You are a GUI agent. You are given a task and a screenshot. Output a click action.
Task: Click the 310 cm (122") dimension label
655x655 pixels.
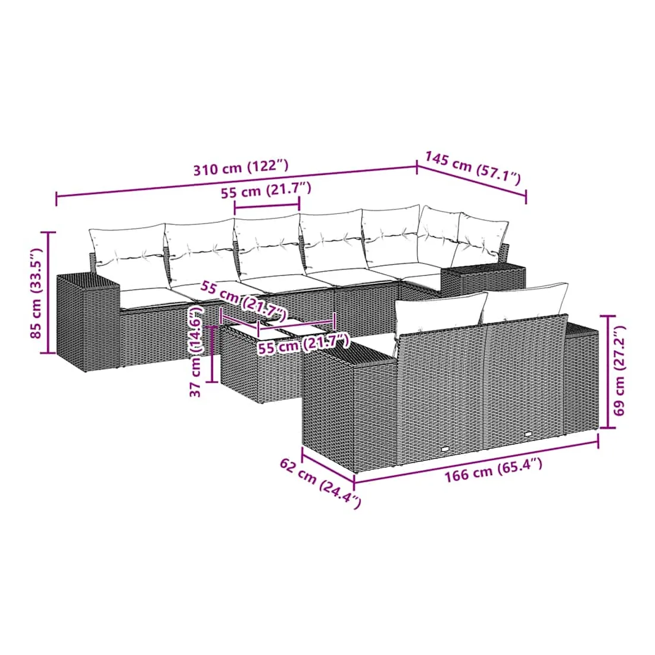click(x=241, y=167)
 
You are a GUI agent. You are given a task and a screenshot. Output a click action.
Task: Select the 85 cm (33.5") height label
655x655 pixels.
click(x=37, y=293)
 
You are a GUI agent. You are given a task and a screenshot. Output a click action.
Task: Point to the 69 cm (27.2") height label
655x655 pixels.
click(x=619, y=370)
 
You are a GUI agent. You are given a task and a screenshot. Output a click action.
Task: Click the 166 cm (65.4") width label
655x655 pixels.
click(x=493, y=470)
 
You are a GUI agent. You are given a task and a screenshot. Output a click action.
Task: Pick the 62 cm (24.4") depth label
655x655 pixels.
click(x=320, y=483)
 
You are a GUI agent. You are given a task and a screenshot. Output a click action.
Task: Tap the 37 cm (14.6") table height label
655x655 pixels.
click(x=196, y=351)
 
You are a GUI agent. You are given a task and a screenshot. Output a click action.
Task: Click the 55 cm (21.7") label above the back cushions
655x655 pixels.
click(x=266, y=191)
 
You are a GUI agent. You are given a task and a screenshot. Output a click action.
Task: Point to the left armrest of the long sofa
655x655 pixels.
click(x=88, y=322)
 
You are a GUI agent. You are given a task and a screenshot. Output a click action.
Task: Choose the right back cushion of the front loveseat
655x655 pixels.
click(x=526, y=303)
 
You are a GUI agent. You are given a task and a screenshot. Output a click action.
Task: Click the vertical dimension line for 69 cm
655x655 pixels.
click(x=608, y=372)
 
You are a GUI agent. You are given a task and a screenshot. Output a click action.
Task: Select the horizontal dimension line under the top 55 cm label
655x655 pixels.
click(x=267, y=205)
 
